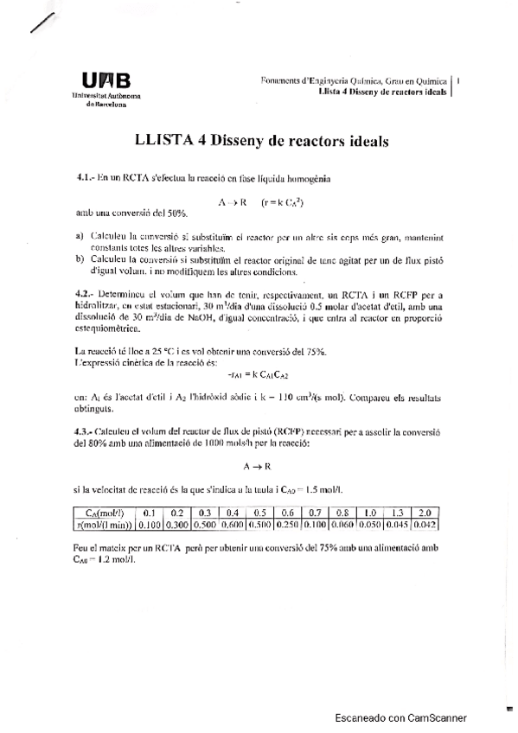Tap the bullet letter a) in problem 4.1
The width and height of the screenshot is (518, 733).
point(80,237)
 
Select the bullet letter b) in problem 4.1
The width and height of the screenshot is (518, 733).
point(80,258)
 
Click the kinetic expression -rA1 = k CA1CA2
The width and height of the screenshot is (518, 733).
point(258,375)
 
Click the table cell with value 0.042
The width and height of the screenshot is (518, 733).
point(425,523)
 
